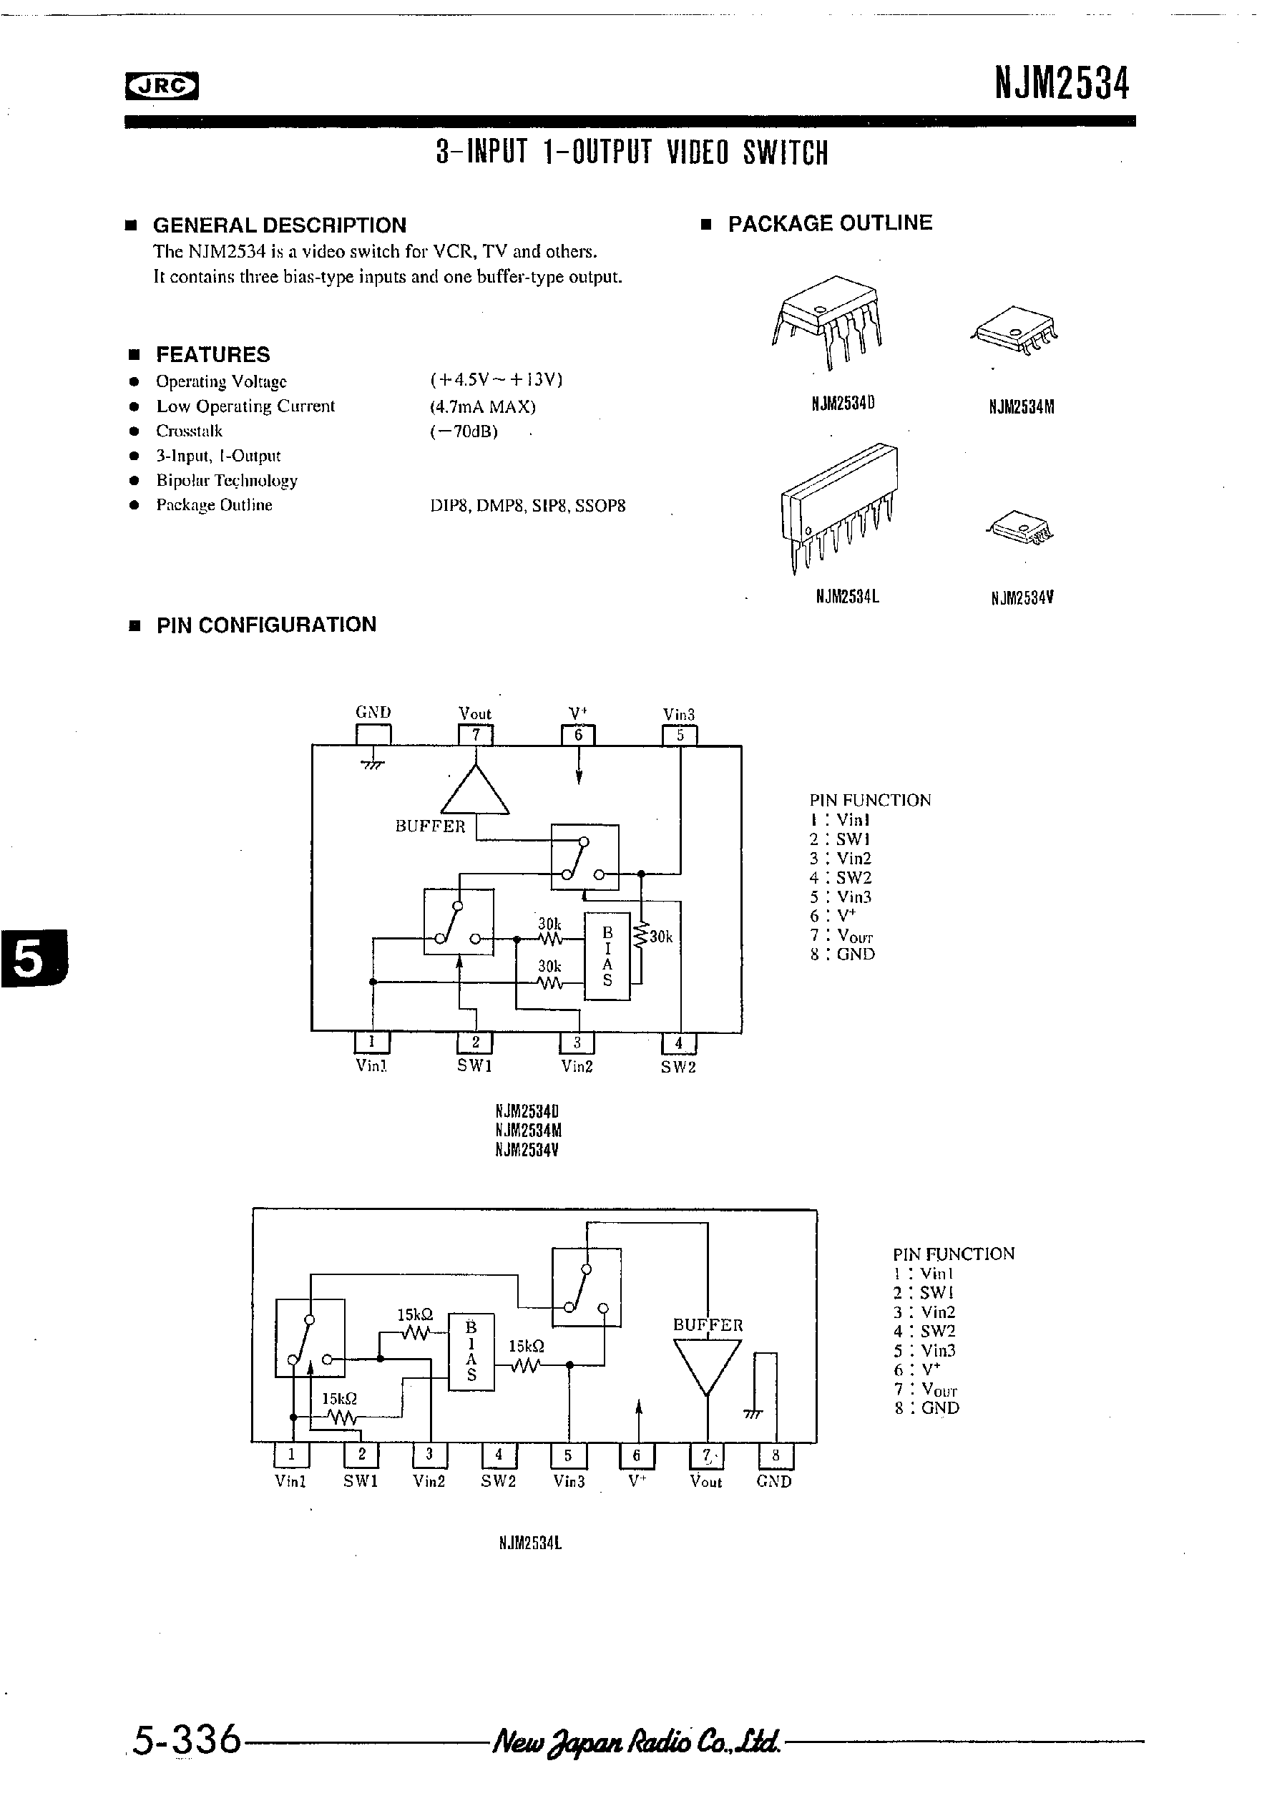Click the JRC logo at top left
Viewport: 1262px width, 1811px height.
click(x=162, y=86)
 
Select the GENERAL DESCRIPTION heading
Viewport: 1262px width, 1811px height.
click(x=279, y=225)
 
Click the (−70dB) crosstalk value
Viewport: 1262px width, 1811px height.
click(x=464, y=431)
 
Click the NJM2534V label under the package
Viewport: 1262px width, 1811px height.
click(x=1022, y=598)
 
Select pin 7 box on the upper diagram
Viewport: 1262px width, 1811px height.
click(x=476, y=735)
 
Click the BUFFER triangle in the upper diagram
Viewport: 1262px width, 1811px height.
click(x=475, y=791)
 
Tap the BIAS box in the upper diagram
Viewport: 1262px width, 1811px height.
click(x=607, y=956)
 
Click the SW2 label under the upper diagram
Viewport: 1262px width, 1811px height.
click(x=678, y=1067)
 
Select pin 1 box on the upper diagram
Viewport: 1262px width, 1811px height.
click(x=371, y=1042)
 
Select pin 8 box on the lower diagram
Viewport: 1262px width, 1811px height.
click(x=776, y=1455)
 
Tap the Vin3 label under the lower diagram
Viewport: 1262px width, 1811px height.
click(x=569, y=1481)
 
